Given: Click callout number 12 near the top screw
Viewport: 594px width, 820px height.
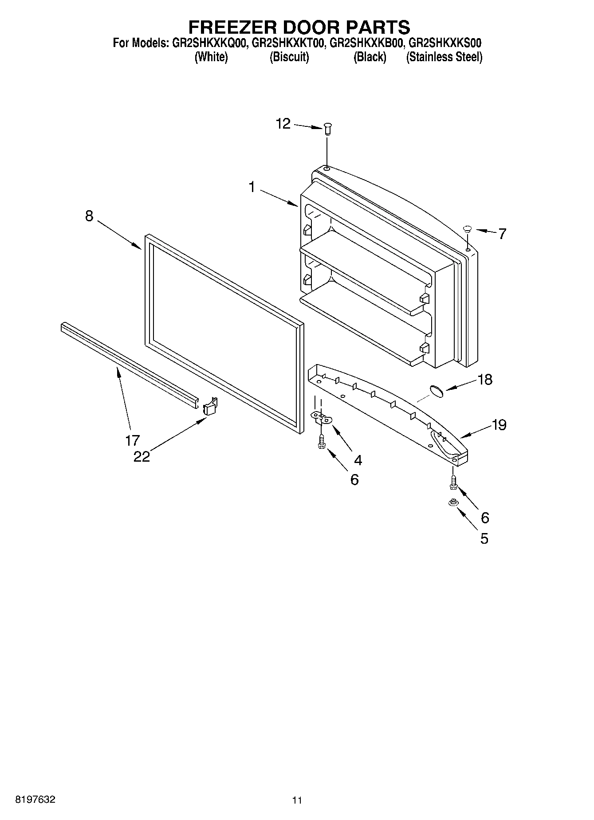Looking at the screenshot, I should (283, 124).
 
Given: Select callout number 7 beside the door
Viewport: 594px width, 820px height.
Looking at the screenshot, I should (502, 234).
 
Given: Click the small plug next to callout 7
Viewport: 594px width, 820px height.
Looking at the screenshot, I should (467, 229).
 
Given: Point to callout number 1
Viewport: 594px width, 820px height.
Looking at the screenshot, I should (252, 187).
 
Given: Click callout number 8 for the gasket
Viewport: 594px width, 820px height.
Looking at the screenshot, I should (89, 216).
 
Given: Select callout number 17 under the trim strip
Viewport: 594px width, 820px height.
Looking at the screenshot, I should (133, 440).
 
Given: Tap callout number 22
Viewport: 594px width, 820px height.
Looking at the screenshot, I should (142, 456).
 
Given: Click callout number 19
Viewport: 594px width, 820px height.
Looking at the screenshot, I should (499, 425).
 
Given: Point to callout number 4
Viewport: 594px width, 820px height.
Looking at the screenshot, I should (358, 460).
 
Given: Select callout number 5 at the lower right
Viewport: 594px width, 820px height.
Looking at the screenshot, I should (484, 538).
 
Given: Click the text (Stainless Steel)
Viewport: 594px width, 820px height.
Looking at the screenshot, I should (444, 57).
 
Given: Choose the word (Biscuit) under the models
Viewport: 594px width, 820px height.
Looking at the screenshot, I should (289, 57).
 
